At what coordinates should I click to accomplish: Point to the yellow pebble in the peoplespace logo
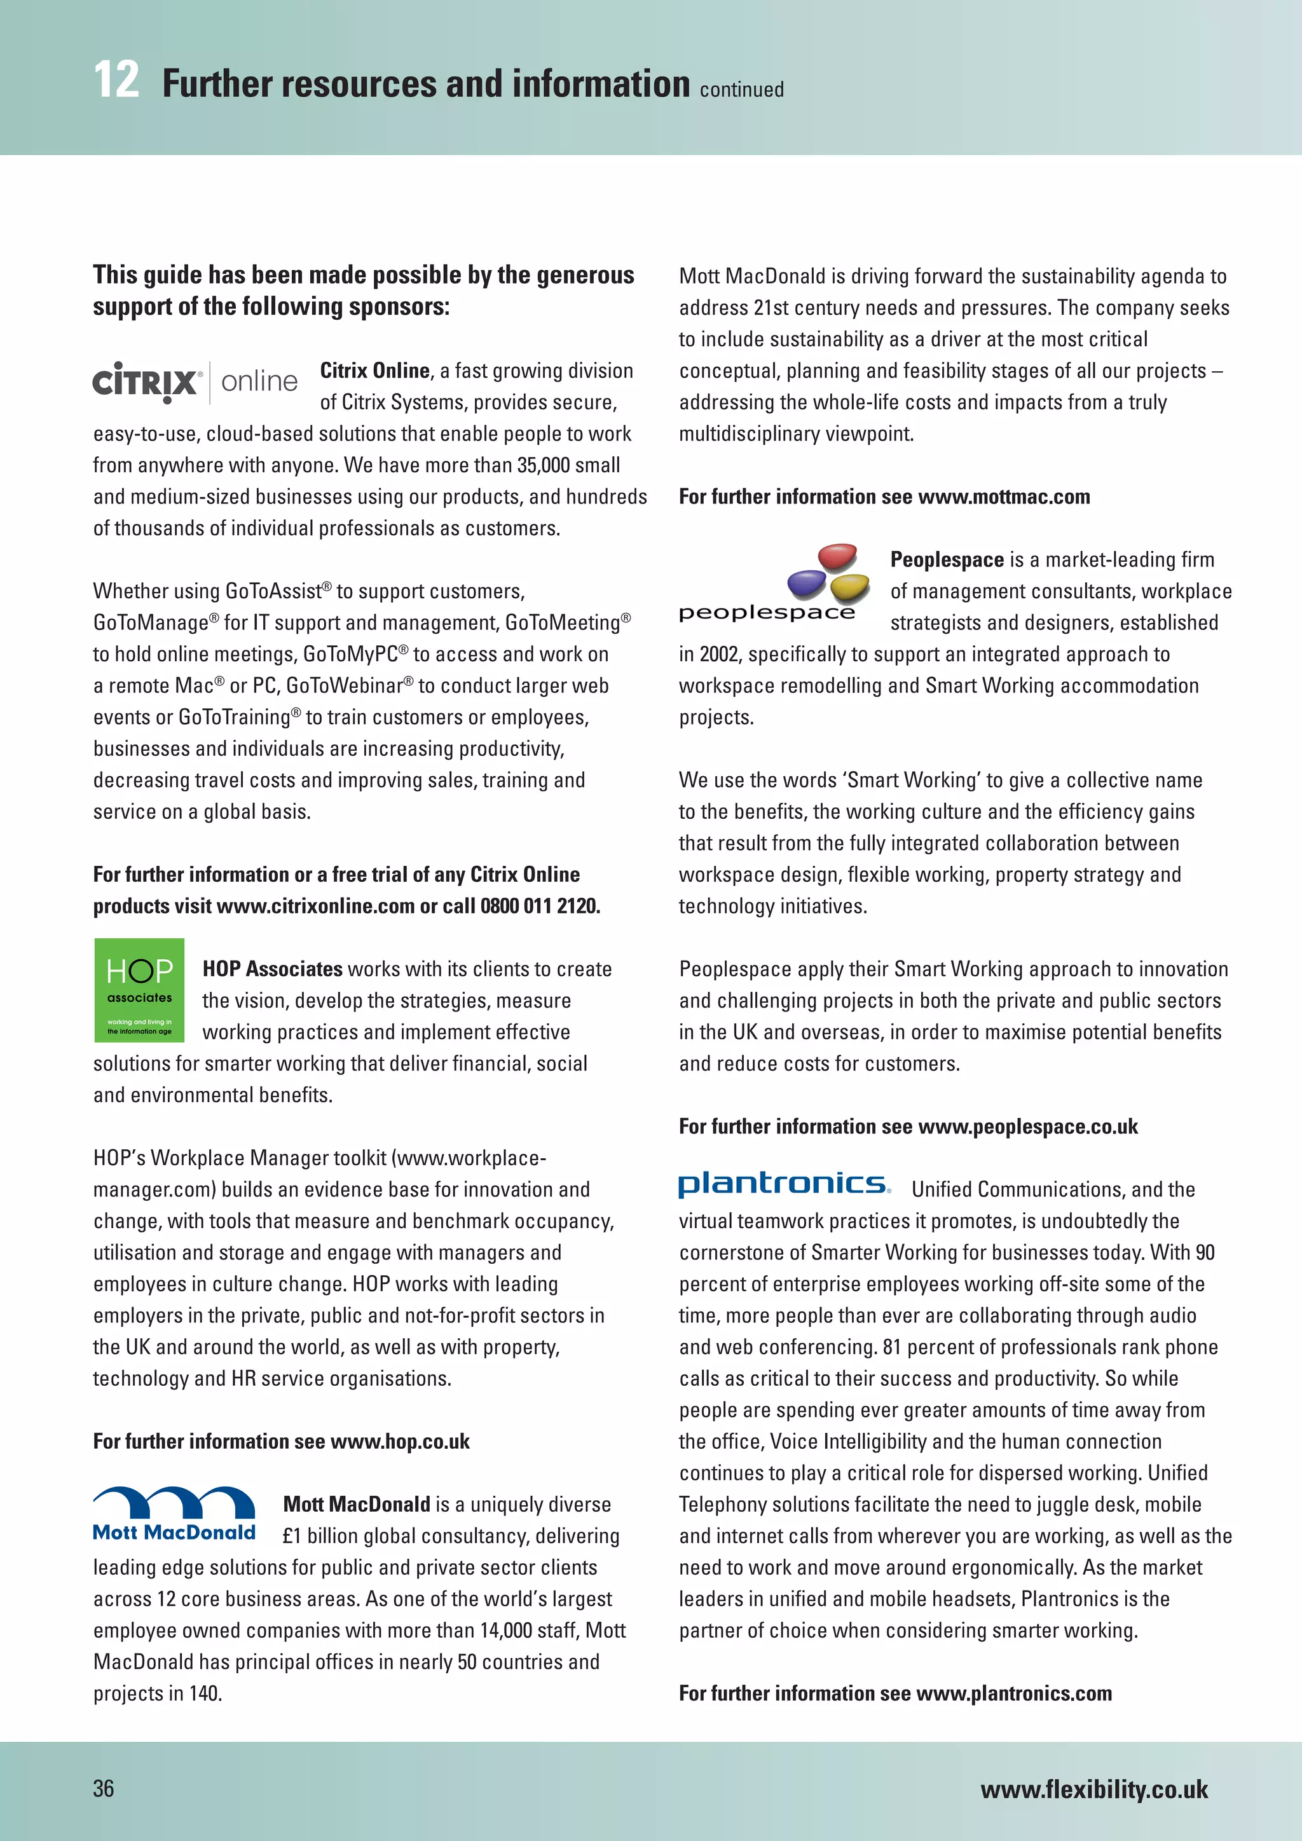coord(850,589)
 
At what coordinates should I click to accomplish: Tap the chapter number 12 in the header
coord(116,81)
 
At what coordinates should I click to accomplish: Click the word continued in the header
coord(742,89)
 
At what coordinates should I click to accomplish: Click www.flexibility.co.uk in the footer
coord(1093,1789)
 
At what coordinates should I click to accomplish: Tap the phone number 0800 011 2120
coord(540,906)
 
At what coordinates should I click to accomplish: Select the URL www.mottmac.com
coord(1004,496)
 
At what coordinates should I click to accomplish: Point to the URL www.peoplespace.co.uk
coord(1028,1126)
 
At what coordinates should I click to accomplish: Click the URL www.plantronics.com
coord(1013,1693)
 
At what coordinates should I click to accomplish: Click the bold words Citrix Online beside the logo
coord(374,371)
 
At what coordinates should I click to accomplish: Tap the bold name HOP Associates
coord(273,969)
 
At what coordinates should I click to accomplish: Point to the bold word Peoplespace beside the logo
coord(947,559)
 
